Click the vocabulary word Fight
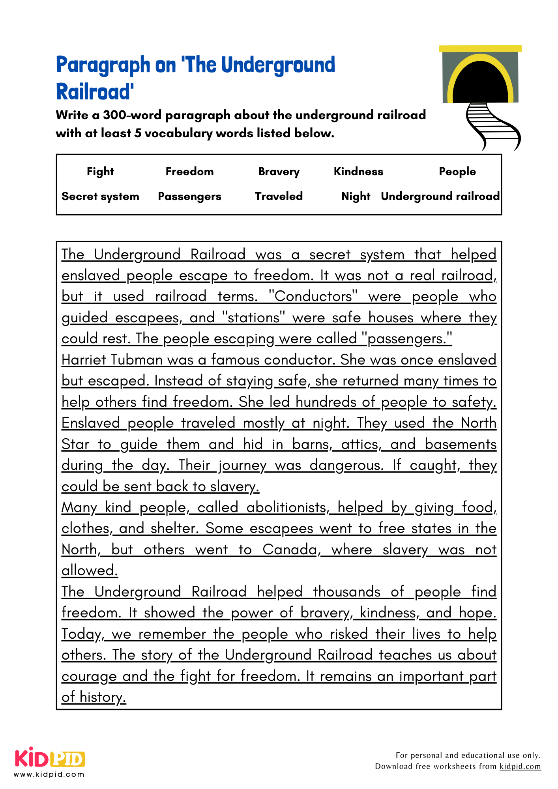[x=100, y=172]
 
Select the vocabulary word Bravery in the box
[x=279, y=172]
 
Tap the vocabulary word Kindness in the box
[x=358, y=172]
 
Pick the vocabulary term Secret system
[x=100, y=196]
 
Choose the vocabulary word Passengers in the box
[x=189, y=196]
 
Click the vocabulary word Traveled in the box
[x=279, y=196]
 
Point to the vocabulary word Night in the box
[x=356, y=196]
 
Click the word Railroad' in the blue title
[x=95, y=92]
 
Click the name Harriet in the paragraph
[x=84, y=360]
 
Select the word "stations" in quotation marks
[x=253, y=318]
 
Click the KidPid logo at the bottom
[x=50, y=758]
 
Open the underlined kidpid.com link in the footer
[x=520, y=767]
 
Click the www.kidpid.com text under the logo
[x=49, y=774]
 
